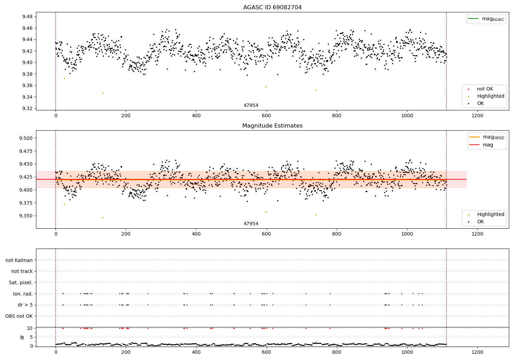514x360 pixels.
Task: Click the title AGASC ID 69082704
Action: pyautogui.click(x=272, y=7)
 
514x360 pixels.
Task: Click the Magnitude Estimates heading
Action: pyautogui.click(x=272, y=125)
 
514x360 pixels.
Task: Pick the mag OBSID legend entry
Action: pyautogui.click(x=487, y=137)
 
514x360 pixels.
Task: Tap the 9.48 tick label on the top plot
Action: pyautogui.click(x=27, y=16)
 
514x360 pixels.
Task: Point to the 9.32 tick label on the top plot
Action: pyautogui.click(x=27, y=108)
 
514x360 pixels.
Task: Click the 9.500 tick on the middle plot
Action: pyautogui.click(x=26, y=138)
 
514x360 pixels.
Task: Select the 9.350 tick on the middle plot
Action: pyautogui.click(x=26, y=216)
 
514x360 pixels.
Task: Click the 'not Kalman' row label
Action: pyautogui.click(x=19, y=260)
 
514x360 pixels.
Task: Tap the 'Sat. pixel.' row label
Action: pyautogui.click(x=21, y=283)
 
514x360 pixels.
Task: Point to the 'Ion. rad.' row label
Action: pyautogui.click(x=23, y=293)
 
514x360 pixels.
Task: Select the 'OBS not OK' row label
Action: pyautogui.click(x=19, y=316)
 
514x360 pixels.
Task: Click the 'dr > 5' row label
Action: pyautogui.click(x=25, y=305)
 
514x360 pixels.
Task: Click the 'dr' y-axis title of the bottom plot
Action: pyautogui.click(x=22, y=337)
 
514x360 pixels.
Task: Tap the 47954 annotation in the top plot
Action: pyautogui.click(x=251, y=105)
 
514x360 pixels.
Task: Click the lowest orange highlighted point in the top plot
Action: pyautogui.click(x=103, y=93)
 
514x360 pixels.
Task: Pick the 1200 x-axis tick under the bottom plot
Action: pyautogui.click(x=477, y=352)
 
